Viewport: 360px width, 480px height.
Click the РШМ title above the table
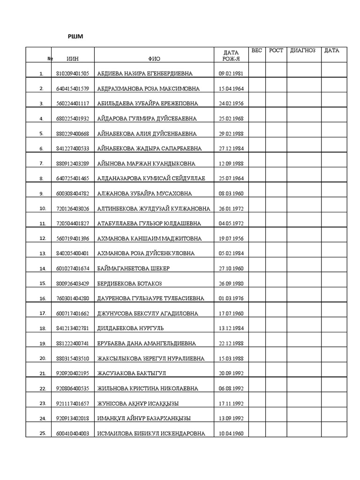coord(75,37)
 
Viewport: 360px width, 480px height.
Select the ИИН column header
coord(73,59)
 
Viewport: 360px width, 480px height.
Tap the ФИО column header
coord(154,59)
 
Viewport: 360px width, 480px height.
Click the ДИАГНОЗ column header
coord(303,51)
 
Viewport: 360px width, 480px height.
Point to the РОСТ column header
coord(276,51)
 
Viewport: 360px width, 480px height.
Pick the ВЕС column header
coord(257,51)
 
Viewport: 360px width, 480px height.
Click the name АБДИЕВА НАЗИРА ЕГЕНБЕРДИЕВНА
coord(144,74)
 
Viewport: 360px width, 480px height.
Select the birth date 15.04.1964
coord(231,89)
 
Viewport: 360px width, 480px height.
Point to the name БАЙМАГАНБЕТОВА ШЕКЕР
coord(133,269)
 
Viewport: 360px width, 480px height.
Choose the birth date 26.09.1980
coord(231,284)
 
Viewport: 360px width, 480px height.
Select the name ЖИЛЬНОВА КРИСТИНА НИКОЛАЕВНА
coord(147,389)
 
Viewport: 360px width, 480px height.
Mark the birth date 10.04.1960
coord(231,434)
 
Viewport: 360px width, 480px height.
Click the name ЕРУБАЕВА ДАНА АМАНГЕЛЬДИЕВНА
coord(147,344)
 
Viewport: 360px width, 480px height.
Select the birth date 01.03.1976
coord(231,299)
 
